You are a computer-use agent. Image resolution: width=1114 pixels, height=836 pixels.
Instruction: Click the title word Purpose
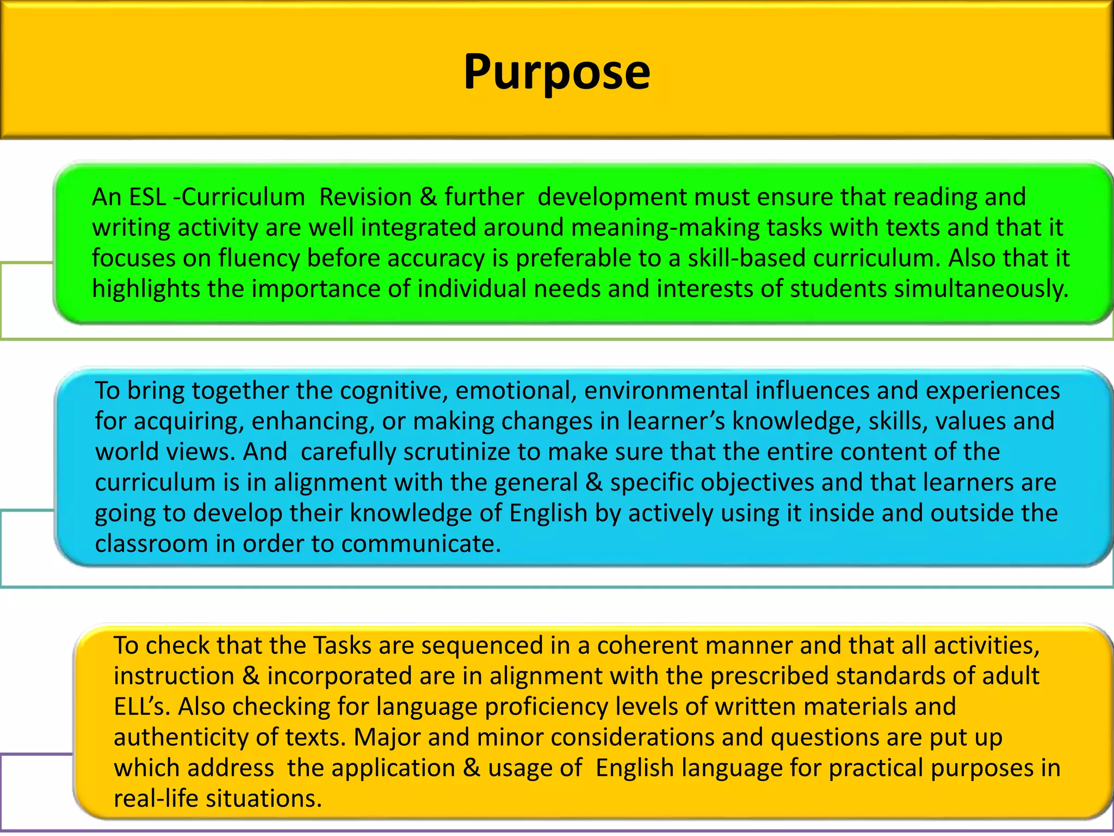click(556, 72)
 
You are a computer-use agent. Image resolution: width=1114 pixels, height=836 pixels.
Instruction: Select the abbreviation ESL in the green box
click(147, 197)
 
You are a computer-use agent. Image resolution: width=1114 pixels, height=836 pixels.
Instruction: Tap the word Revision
click(365, 197)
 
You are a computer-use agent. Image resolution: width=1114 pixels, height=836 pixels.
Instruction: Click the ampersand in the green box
click(428, 197)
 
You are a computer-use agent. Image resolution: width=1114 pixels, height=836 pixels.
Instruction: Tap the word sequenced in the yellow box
click(482, 646)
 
